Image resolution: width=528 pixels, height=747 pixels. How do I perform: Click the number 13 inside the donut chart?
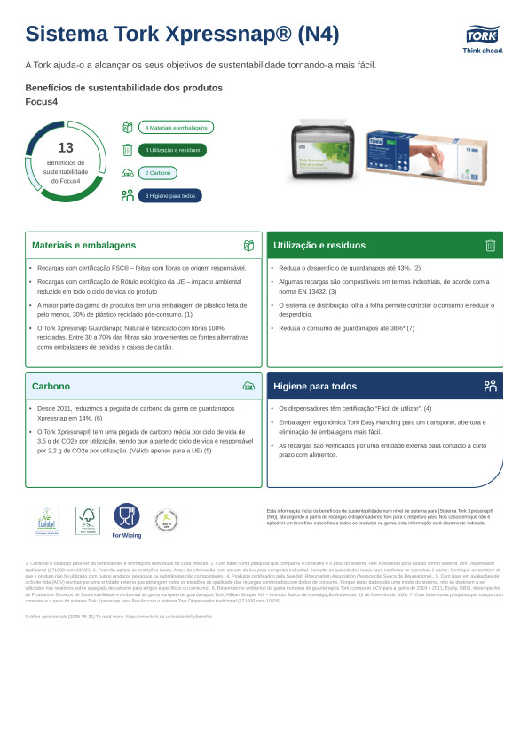pyautogui.click(x=65, y=148)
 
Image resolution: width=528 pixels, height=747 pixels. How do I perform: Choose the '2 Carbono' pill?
pyautogui.click(x=159, y=173)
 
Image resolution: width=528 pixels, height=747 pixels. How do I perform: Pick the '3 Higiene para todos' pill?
pyautogui.click(x=169, y=195)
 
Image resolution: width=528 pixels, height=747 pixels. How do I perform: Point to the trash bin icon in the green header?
pyautogui.click(x=490, y=245)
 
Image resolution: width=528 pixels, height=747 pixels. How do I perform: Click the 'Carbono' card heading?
pyautogui.click(x=51, y=386)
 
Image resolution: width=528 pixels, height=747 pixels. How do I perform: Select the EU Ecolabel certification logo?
pyautogui.click(x=47, y=521)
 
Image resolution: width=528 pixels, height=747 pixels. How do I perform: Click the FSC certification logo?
pyautogui.click(x=87, y=521)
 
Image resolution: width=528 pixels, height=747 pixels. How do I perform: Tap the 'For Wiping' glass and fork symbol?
pyautogui.click(x=126, y=517)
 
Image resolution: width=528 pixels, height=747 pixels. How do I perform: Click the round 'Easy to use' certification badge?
pyautogui.click(x=166, y=521)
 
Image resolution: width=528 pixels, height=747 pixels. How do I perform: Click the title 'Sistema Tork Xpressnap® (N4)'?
pyautogui.click(x=182, y=34)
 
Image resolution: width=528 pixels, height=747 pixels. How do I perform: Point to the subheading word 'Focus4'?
pyautogui.click(x=40, y=101)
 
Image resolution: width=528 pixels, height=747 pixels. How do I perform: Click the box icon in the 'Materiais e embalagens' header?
pyautogui.click(x=248, y=245)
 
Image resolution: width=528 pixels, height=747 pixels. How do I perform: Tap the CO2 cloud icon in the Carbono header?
pyautogui.click(x=248, y=386)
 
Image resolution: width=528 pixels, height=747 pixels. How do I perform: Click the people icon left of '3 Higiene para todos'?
pyautogui.click(x=127, y=195)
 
